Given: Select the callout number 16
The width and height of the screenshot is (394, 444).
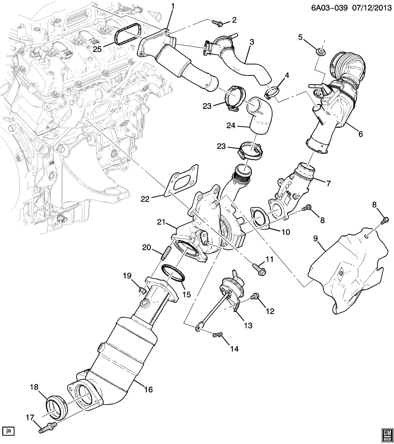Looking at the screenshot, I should [148, 389].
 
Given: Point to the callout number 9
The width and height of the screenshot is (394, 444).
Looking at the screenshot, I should [315, 239].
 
